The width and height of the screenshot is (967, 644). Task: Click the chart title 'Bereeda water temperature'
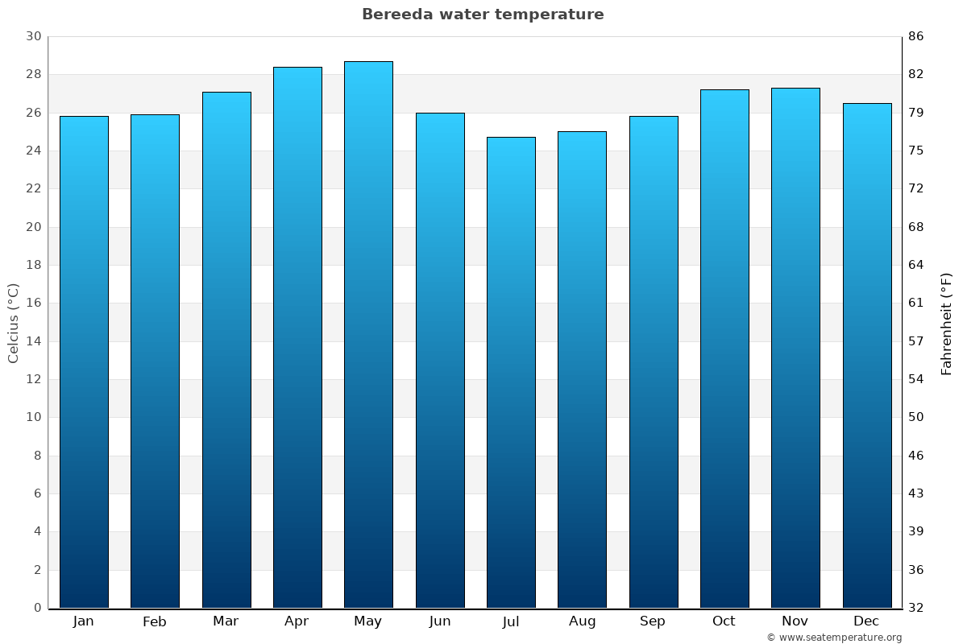[x=483, y=14]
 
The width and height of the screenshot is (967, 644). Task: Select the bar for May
[x=368, y=334]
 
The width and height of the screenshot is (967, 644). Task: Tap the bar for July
[x=511, y=372]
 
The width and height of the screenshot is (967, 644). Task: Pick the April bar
[x=297, y=337]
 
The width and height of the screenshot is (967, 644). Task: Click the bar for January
[x=84, y=361]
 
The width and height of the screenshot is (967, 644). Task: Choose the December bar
[x=867, y=355]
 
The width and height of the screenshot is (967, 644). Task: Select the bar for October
[x=724, y=349]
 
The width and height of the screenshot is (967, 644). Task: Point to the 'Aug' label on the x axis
[x=582, y=621]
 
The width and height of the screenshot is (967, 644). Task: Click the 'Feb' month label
[x=155, y=621]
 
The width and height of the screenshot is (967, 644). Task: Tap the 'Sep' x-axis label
[x=653, y=621]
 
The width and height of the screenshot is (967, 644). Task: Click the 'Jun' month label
[x=440, y=621]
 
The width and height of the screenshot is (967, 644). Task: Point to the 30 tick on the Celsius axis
[x=33, y=36]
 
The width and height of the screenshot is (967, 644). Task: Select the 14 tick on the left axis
[x=33, y=341]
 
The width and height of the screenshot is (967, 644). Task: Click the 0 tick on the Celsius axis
[x=37, y=608]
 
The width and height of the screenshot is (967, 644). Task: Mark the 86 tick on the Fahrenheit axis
[x=916, y=36]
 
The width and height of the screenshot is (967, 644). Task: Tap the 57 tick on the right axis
[x=916, y=341]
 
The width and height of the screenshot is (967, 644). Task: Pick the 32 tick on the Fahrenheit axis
[x=916, y=608]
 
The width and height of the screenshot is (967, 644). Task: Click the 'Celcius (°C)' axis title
[x=13, y=323]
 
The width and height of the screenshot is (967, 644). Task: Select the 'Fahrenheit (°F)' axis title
[x=947, y=323]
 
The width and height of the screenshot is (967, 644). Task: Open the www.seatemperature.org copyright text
[x=834, y=638]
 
